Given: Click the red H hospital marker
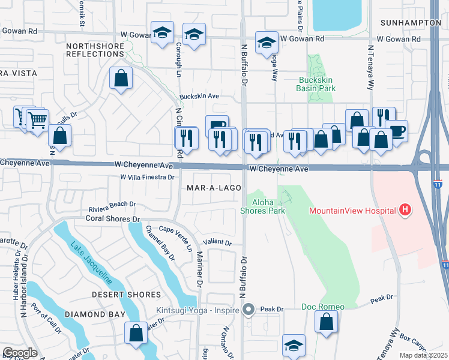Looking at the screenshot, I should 406,210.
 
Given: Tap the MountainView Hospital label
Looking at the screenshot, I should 352,211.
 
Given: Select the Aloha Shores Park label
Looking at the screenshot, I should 262,206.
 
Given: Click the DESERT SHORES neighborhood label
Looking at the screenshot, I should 126,295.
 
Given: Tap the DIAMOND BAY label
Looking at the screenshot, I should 95,314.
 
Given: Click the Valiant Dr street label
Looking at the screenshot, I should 218,243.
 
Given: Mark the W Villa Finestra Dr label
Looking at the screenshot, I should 147,178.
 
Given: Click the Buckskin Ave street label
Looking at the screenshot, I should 199,96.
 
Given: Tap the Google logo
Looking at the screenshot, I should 20,353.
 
